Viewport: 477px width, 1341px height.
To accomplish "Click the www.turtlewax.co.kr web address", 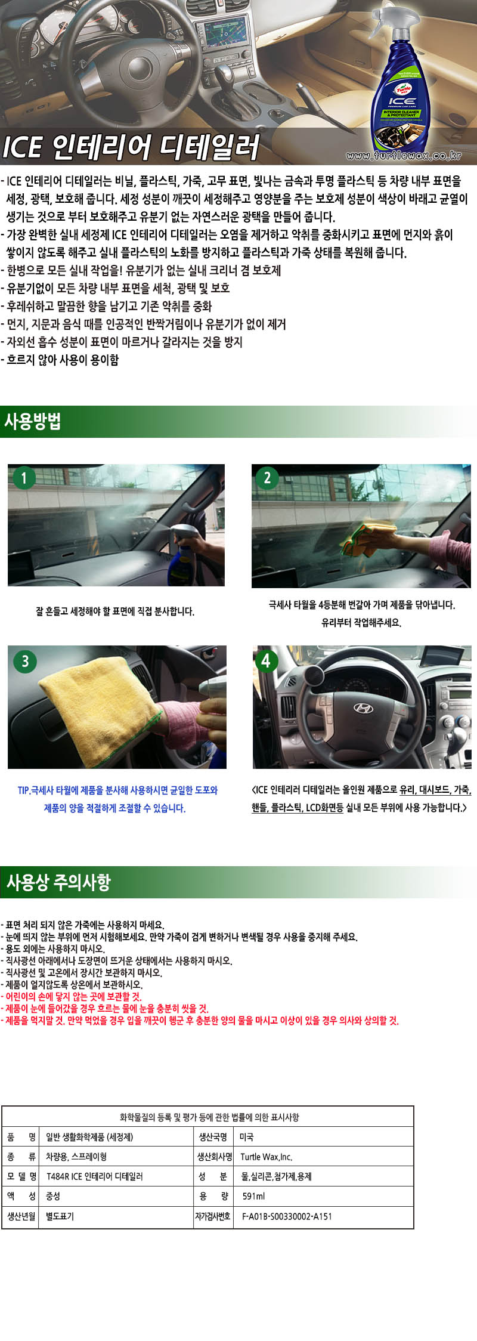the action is coord(404,155).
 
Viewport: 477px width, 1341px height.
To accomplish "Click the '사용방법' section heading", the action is coord(33,422).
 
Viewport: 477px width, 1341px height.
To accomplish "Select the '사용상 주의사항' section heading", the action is coord(58,882).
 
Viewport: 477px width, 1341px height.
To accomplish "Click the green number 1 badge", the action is coord(24,478).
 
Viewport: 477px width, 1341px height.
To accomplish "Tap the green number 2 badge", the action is coord(267,477).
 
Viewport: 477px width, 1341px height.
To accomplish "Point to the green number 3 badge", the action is coord(25,661).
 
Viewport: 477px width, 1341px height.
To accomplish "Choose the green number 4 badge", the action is coord(266,660).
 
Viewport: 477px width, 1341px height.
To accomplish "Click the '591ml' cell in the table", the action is coord(253,1196).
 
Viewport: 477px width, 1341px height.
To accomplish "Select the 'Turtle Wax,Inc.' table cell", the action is coord(266,1157).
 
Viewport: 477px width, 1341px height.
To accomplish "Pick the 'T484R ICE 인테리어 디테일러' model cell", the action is coord(94,1176).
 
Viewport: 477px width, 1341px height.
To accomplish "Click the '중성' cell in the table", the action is coord(53,1196).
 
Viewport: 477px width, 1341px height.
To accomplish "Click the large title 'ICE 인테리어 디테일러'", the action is coord(131,147).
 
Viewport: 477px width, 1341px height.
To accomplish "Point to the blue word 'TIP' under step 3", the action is coord(23,790).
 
